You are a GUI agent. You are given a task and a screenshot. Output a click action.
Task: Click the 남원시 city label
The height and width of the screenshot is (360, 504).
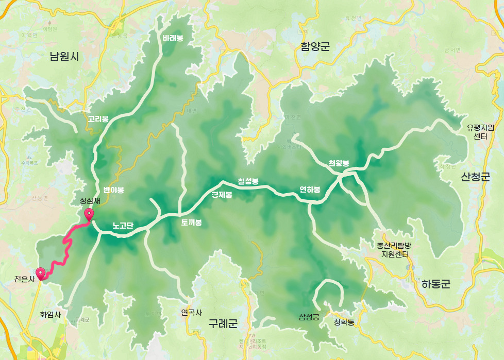[64, 57]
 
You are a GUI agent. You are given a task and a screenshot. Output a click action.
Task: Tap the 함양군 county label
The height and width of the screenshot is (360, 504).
[315, 47]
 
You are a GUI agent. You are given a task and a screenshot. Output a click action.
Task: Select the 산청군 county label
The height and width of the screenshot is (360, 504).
[475, 178]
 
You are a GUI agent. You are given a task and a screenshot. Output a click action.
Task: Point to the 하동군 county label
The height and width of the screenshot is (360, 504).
[435, 284]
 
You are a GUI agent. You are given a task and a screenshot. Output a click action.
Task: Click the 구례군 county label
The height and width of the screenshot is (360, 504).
[223, 324]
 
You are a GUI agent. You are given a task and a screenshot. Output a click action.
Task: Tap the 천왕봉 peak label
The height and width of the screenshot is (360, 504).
[339, 163]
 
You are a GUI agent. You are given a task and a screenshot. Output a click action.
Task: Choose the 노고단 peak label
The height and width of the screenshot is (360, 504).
[123, 226]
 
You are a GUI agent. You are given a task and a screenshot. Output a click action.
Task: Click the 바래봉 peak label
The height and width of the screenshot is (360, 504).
[173, 38]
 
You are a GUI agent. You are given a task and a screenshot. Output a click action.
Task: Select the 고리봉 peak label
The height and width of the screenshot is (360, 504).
[98, 119]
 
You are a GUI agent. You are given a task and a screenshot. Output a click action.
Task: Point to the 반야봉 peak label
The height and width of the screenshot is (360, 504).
[113, 190]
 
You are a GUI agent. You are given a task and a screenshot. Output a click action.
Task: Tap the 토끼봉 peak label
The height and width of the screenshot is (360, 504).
[191, 223]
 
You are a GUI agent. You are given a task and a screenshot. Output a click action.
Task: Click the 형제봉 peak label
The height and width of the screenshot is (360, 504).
[222, 195]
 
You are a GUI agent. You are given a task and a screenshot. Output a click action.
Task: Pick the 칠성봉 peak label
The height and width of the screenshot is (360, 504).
[248, 181]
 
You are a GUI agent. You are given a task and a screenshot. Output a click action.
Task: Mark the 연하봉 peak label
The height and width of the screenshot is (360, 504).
[310, 190]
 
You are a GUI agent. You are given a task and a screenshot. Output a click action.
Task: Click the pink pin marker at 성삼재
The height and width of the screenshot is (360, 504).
[89, 215]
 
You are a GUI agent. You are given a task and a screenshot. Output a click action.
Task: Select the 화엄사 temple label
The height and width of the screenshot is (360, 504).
[51, 314]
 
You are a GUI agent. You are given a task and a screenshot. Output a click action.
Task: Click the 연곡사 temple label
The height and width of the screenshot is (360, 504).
[192, 313]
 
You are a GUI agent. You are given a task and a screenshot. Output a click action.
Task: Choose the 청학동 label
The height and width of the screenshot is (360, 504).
[344, 323]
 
